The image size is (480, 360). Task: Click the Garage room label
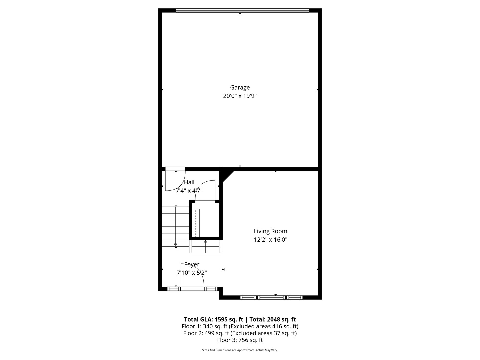(240, 88)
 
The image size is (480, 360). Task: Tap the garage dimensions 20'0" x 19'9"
(240, 96)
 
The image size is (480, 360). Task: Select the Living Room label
(270, 231)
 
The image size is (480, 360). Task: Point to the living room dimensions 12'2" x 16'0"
(270, 239)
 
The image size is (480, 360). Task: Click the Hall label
(189, 182)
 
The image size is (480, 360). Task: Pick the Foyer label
(192, 264)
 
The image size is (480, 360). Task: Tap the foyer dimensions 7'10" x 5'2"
(192, 273)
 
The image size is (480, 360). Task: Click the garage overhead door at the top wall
(242, 11)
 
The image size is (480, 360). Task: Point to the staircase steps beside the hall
(175, 227)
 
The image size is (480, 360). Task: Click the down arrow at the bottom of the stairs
(176, 246)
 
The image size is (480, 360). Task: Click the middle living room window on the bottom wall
(272, 297)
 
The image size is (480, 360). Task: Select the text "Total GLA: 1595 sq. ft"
(214, 319)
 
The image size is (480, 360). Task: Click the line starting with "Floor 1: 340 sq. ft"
(240, 326)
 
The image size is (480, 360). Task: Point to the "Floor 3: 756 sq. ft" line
(240, 340)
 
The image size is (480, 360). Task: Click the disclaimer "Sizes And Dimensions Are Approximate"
(240, 350)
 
